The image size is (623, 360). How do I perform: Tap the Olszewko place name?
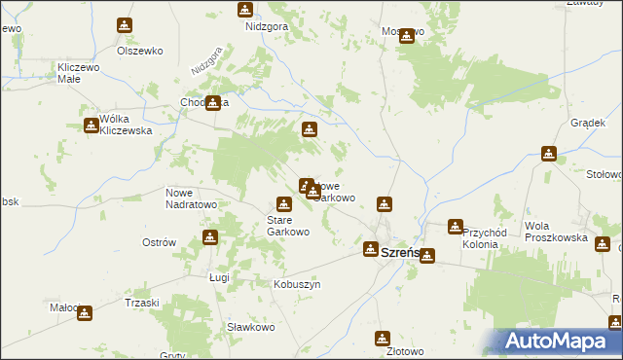[x=138, y=50]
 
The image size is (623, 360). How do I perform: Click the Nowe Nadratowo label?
[x=191, y=198]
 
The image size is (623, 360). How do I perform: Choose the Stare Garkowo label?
[x=288, y=227]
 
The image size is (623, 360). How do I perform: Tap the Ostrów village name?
[x=159, y=242]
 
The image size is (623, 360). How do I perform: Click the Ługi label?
[x=218, y=277]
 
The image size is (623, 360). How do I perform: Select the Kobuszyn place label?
[x=296, y=284]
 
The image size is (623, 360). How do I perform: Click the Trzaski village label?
[x=141, y=303]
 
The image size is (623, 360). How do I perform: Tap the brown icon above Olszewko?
[x=125, y=25]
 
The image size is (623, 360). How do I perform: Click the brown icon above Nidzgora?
[x=245, y=10]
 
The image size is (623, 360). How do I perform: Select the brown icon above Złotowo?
[x=383, y=339]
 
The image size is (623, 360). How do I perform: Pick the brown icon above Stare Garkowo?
[x=283, y=204]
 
